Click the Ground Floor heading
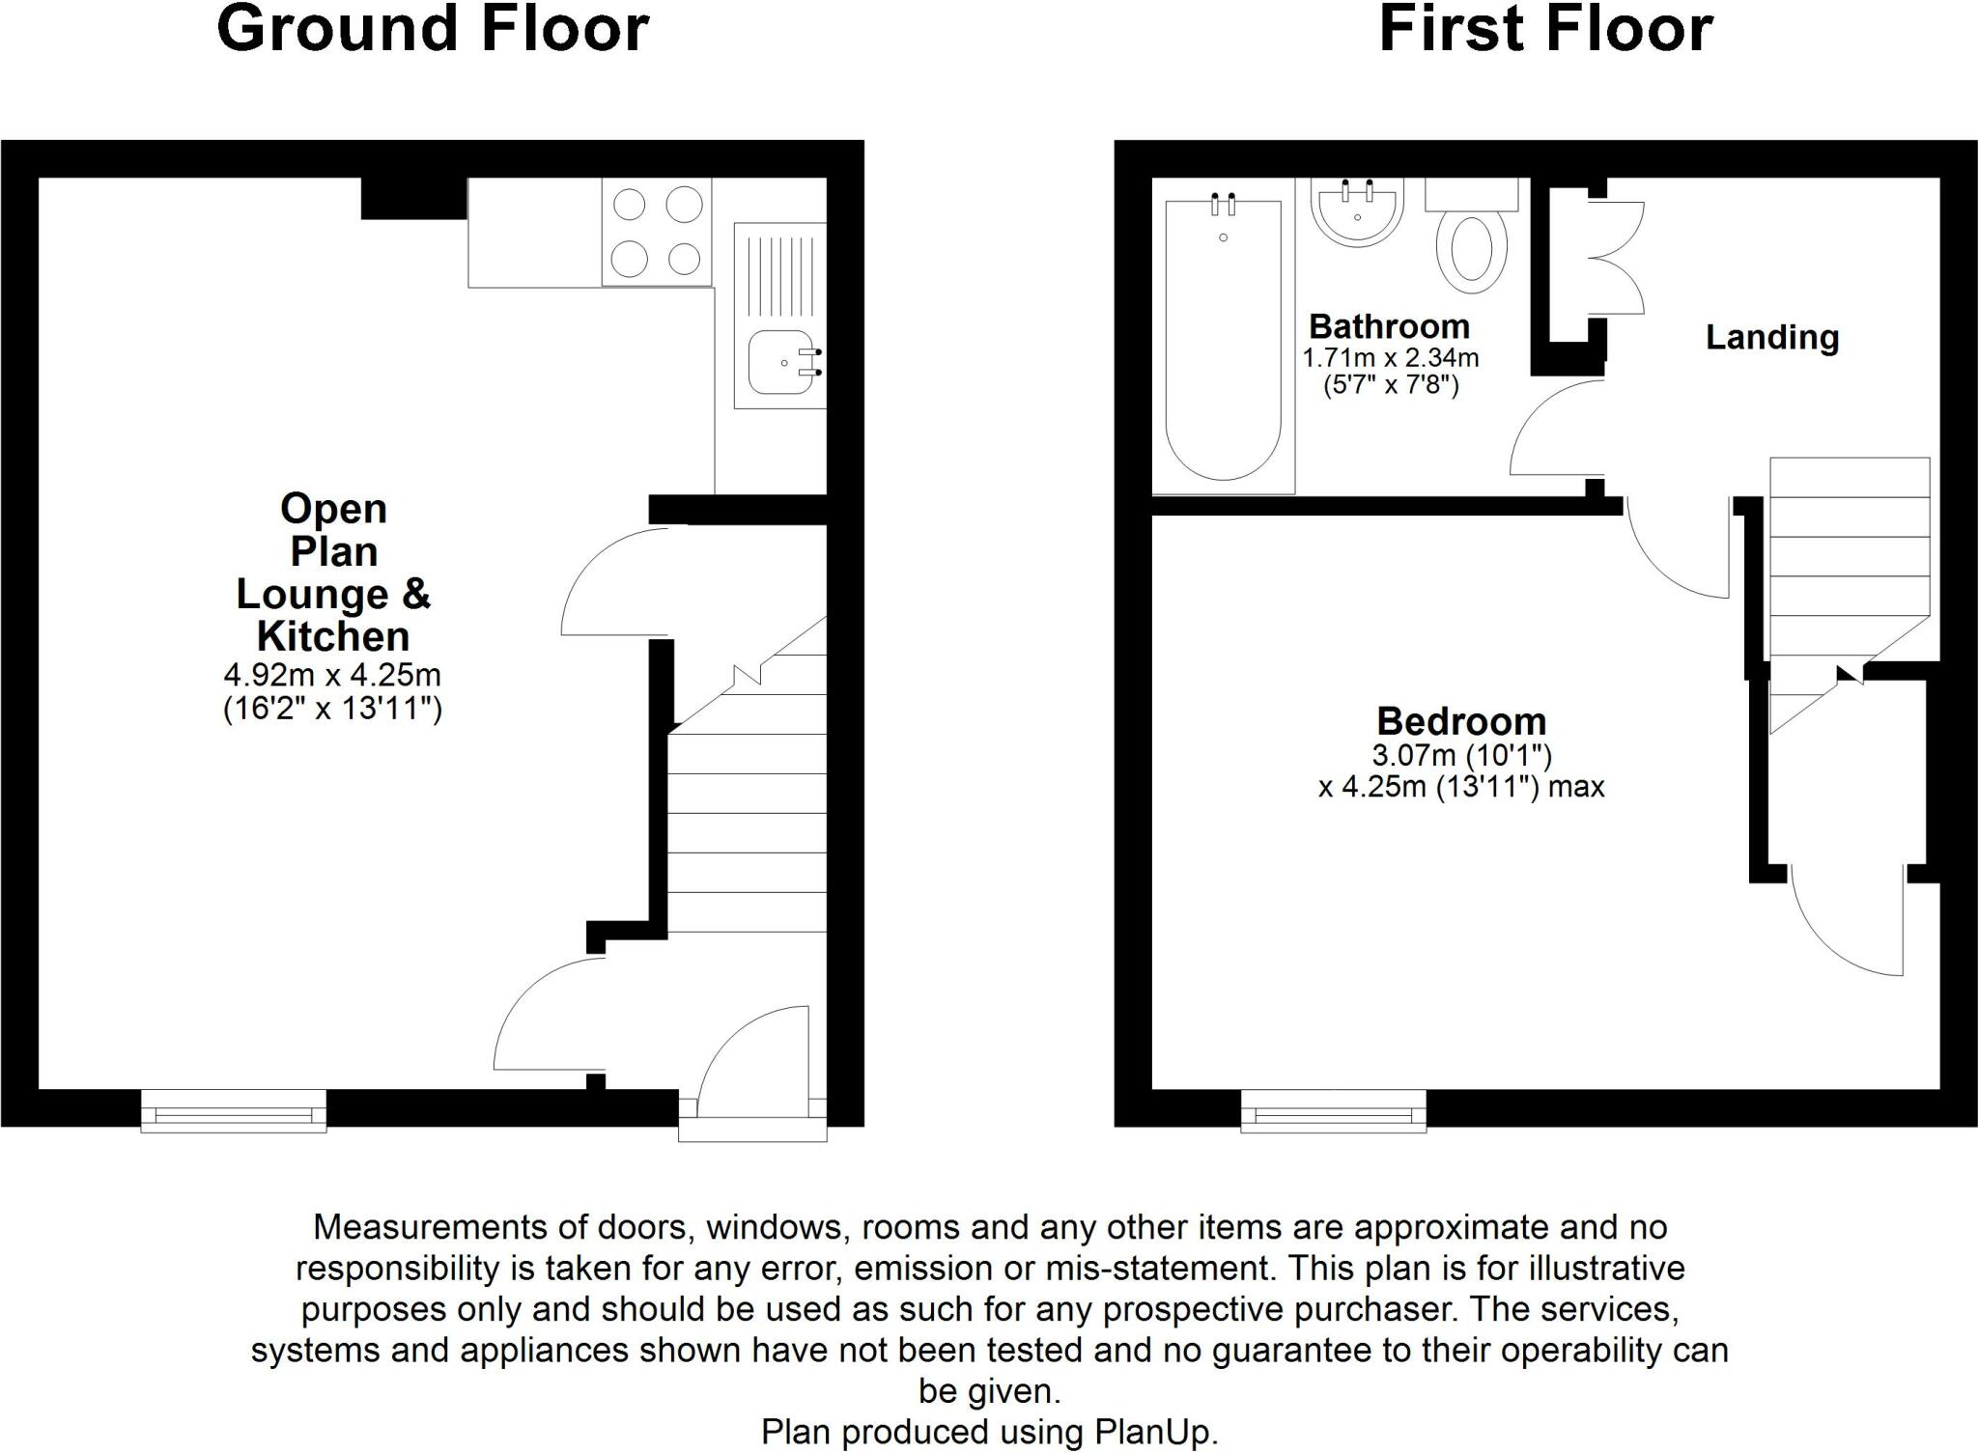433,29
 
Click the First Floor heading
1545,29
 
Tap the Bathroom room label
1389,326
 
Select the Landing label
1771,337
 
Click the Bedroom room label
1460,721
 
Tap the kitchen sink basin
782,363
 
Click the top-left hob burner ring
630,205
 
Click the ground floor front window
234,1111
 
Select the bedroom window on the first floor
1333,1111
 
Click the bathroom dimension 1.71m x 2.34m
1390,358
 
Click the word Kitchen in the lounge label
333,636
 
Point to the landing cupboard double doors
1615,258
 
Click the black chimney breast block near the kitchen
413,198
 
